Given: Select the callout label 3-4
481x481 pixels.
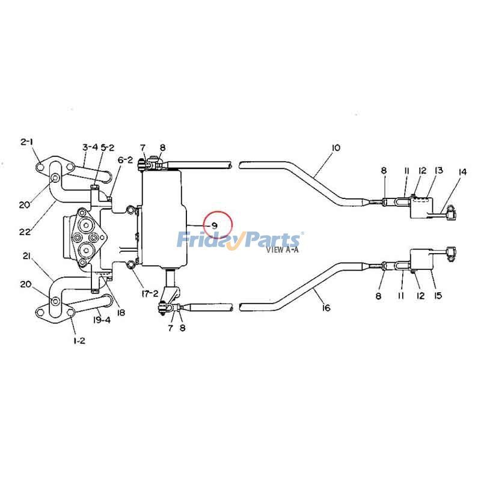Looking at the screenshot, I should (90, 147).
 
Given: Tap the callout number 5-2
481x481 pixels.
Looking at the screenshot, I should (107, 147).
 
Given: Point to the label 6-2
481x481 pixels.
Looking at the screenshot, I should (124, 160).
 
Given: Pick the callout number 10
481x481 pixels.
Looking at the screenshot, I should (335, 147).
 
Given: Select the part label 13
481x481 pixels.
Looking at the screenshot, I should (439, 171).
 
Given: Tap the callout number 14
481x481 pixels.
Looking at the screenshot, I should (462, 173).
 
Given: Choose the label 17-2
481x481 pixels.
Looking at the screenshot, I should (150, 293).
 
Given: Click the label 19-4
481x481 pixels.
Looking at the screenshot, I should (103, 320).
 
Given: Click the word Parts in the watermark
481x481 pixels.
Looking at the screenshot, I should (274, 240).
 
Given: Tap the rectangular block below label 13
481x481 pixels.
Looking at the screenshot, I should (422, 208).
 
